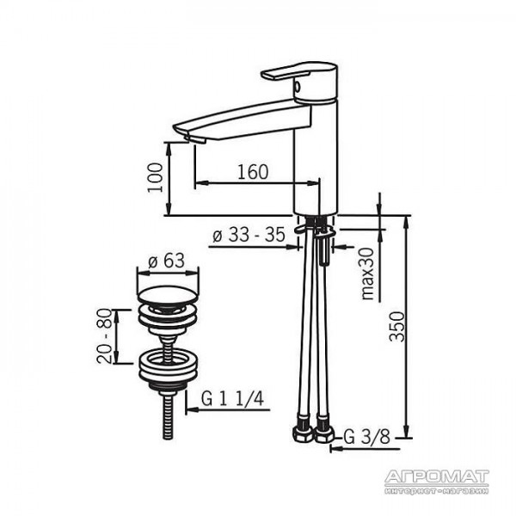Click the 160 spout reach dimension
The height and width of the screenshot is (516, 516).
coord(253,172)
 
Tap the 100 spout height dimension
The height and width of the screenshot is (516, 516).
coord(155,178)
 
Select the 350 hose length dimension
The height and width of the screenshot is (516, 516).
coord(396,327)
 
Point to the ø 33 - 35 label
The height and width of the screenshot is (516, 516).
coord(249,235)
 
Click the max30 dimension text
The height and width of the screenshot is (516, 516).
coord(368,273)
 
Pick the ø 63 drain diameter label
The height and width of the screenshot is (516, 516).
coord(167,261)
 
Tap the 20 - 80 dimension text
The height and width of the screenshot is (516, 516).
coord(105,336)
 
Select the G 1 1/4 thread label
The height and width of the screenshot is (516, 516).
coord(232,399)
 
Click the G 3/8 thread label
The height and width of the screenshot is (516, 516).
coord(367,437)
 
